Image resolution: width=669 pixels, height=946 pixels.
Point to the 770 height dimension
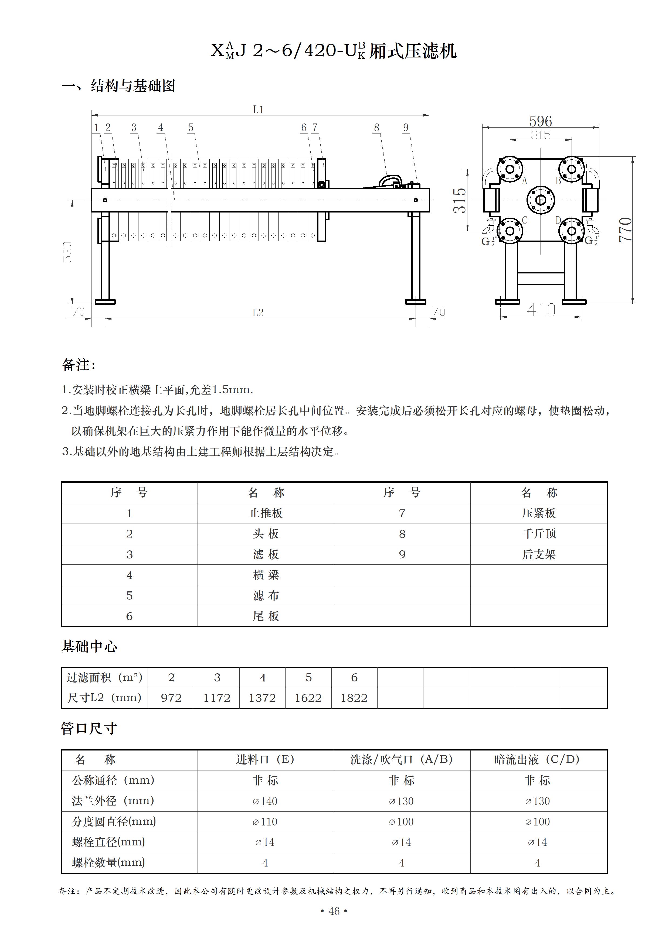625,229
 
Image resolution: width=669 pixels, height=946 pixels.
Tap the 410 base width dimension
541,310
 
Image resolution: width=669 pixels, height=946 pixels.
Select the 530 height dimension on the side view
67,252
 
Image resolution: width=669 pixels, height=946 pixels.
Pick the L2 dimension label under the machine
258,313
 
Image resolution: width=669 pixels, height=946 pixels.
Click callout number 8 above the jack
376,128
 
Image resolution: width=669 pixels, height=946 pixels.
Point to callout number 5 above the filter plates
191,128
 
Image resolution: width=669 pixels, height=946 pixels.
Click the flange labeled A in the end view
510,169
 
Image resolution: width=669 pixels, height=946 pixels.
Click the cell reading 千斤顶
539,534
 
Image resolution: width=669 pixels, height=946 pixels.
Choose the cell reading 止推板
266,513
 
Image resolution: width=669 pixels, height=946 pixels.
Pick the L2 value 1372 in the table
262,698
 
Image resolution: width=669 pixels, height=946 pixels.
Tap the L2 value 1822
354,698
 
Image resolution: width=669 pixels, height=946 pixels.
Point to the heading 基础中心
89,646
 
